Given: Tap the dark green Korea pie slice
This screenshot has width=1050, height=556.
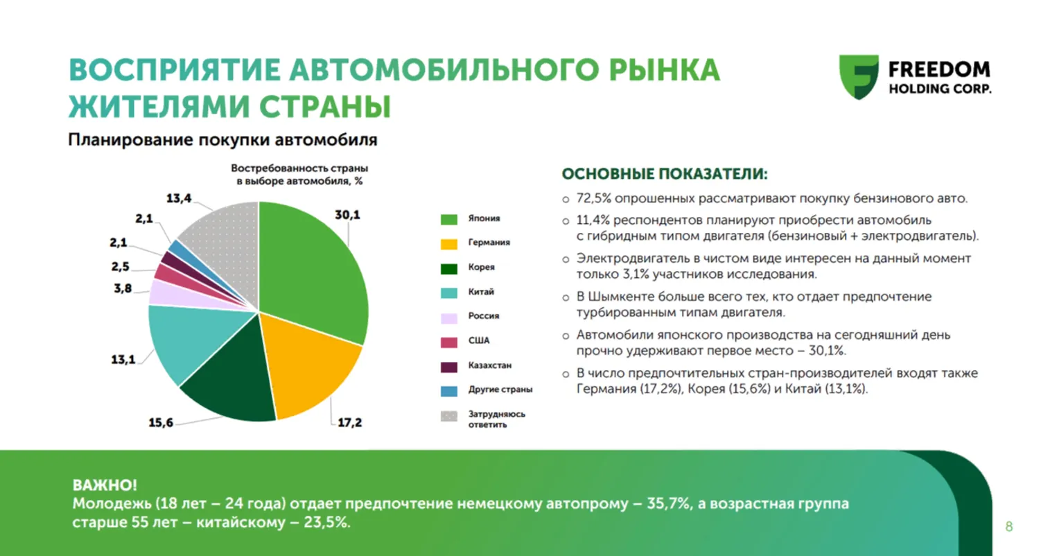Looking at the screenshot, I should pos(229,381).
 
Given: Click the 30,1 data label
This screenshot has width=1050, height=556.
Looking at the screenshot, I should pos(347,215).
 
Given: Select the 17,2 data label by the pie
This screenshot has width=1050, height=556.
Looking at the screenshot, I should pos(349,422).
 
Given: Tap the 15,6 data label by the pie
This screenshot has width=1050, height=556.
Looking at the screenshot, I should pos(161,422).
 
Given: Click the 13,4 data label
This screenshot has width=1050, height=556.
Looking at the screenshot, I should pos(178,198).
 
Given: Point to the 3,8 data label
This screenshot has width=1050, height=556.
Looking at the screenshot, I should pos(123,288).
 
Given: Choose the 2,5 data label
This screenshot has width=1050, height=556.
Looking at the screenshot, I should pos(120,267).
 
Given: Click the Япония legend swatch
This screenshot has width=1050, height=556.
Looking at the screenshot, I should pos(449,219).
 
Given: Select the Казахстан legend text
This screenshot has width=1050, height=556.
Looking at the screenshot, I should pos(489,365).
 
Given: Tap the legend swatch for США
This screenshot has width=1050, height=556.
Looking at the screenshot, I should pos(449,342).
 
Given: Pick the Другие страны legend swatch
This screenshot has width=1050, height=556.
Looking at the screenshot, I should pos(449,390).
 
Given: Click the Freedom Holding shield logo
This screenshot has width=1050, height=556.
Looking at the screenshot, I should pos(859,76).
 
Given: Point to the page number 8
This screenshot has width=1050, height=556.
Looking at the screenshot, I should pos(1009,527).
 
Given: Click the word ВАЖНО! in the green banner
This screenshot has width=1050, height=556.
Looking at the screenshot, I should pos(105,485).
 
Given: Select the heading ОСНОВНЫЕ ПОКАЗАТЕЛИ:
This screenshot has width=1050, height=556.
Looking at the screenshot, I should pos(664,174).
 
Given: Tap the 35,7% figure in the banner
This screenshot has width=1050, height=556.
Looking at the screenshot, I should pos(669,504).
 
